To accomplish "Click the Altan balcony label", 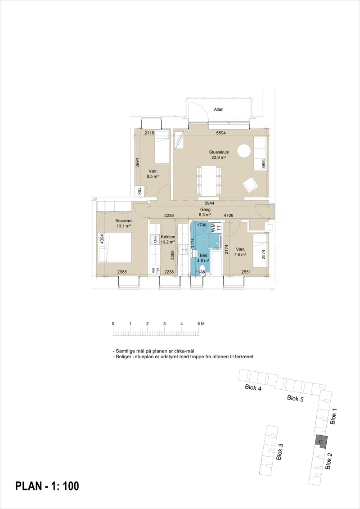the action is (218, 109).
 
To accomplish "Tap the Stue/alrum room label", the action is (219, 152).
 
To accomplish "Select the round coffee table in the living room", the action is (244, 151).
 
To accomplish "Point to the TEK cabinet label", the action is (139, 191).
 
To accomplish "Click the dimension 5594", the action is (221, 133).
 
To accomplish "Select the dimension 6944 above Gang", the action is (209, 203).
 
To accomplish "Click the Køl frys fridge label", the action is (155, 271).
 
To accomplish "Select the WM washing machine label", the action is (213, 227).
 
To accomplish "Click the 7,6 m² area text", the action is (240, 255).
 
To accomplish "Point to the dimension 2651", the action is (246, 272).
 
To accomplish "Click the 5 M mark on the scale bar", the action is (201, 324).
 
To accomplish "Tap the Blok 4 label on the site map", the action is (253, 387).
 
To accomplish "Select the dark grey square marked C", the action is (321, 441).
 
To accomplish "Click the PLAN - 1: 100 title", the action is (47, 486).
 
